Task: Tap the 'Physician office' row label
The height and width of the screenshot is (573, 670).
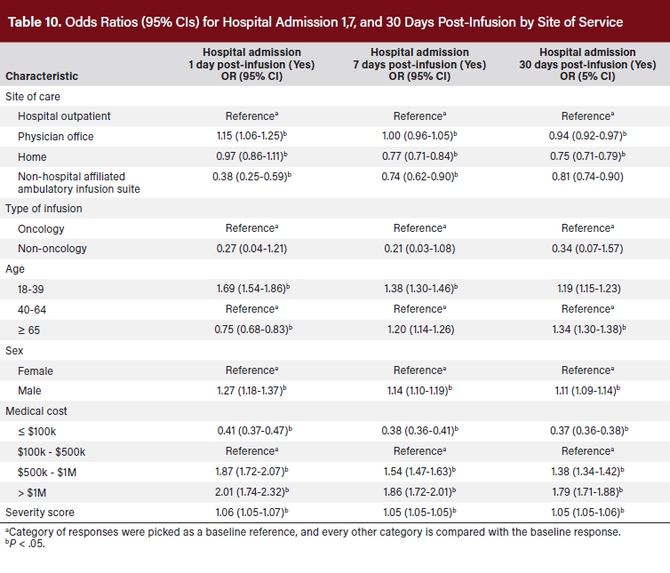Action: (56, 136)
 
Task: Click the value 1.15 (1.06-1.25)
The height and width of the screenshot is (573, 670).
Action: (251, 136)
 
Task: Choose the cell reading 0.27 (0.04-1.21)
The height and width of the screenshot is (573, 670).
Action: (251, 248)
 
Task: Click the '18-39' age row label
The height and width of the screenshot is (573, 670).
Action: (32, 289)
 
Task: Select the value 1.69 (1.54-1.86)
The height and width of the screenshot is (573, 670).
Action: (251, 289)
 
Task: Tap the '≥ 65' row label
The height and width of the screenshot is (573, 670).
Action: (31, 329)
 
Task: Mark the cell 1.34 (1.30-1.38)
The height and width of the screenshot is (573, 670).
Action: (586, 329)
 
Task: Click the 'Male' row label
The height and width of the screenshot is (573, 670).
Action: (31, 390)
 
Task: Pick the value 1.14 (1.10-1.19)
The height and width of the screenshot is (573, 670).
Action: (419, 390)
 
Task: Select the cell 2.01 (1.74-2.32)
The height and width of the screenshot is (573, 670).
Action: (251, 491)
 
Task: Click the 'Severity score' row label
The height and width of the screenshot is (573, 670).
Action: (40, 512)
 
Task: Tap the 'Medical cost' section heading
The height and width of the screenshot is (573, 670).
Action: (37, 410)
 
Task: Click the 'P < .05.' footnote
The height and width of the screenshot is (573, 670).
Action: (26, 545)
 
